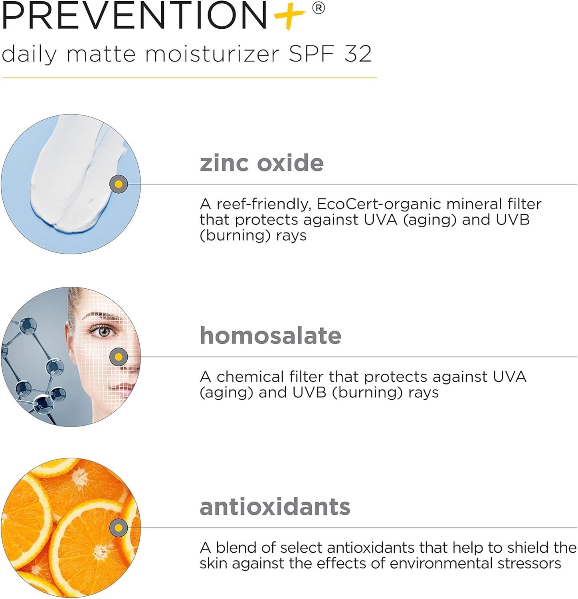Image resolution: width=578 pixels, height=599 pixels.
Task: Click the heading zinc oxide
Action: [x=261, y=163]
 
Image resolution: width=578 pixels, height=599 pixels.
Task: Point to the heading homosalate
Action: [x=271, y=335]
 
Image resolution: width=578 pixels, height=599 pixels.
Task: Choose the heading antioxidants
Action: [x=275, y=507]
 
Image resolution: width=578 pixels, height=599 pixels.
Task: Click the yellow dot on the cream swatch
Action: [x=119, y=184]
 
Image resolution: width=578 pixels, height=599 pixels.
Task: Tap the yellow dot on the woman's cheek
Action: [x=119, y=357]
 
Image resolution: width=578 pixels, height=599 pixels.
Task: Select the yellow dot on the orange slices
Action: [x=119, y=528]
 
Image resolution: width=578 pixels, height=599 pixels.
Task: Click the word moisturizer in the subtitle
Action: [x=212, y=54]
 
